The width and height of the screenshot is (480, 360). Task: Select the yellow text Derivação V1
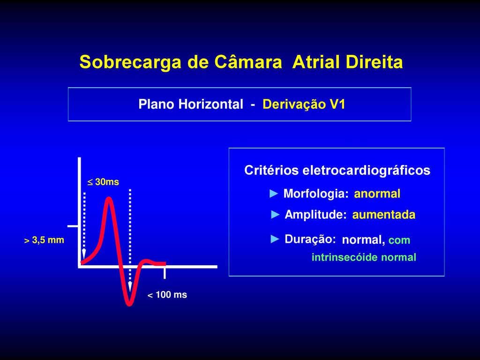tap(304, 105)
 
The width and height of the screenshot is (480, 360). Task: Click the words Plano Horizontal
tap(191, 104)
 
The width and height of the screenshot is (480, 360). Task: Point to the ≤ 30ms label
tap(103, 182)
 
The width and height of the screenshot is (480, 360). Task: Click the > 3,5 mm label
tap(44, 240)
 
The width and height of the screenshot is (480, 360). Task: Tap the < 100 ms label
tap(167, 295)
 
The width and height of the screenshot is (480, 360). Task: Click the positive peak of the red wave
tap(109, 198)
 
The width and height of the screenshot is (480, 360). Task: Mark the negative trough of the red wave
tap(129, 304)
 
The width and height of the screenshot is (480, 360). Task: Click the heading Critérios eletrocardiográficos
tap(337, 170)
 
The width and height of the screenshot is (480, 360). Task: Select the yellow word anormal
tap(377, 194)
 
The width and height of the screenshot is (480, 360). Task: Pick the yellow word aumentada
tap(384, 215)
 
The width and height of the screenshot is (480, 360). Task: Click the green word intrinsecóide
tap(345, 257)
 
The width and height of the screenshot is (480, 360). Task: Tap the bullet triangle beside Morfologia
tap(274, 194)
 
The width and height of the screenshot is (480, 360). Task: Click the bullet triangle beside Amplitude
tap(276, 215)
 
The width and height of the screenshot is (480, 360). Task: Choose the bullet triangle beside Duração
tap(275, 239)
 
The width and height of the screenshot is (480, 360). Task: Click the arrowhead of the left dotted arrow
tap(84, 255)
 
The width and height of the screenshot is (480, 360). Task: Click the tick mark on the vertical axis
tap(74, 226)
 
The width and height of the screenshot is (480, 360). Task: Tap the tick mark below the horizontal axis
tap(165, 273)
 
